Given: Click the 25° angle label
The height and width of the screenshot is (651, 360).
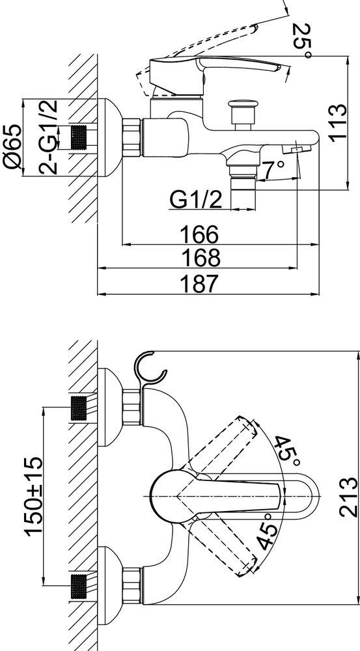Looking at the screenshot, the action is [x=301, y=40].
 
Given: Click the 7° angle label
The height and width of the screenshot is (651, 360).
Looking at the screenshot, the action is [x=273, y=169].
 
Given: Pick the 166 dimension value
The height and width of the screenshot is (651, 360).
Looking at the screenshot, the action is [x=199, y=234].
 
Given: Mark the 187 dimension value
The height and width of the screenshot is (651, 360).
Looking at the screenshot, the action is [x=199, y=284].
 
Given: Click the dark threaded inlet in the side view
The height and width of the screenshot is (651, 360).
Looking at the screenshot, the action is [x=81, y=137].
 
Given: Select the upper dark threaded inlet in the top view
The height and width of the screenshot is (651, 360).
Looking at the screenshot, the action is [x=79, y=408].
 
